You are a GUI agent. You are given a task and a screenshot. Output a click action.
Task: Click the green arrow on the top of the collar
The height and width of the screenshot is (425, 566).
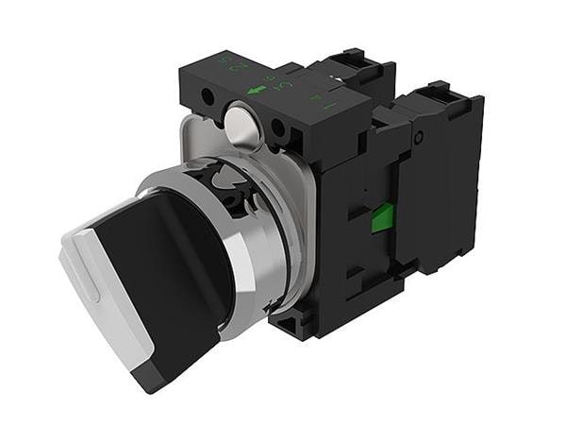(256, 91)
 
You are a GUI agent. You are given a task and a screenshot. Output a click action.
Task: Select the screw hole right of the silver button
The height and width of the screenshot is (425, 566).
(278, 128)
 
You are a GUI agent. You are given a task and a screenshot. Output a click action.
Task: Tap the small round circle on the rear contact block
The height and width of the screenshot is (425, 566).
(418, 139)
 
